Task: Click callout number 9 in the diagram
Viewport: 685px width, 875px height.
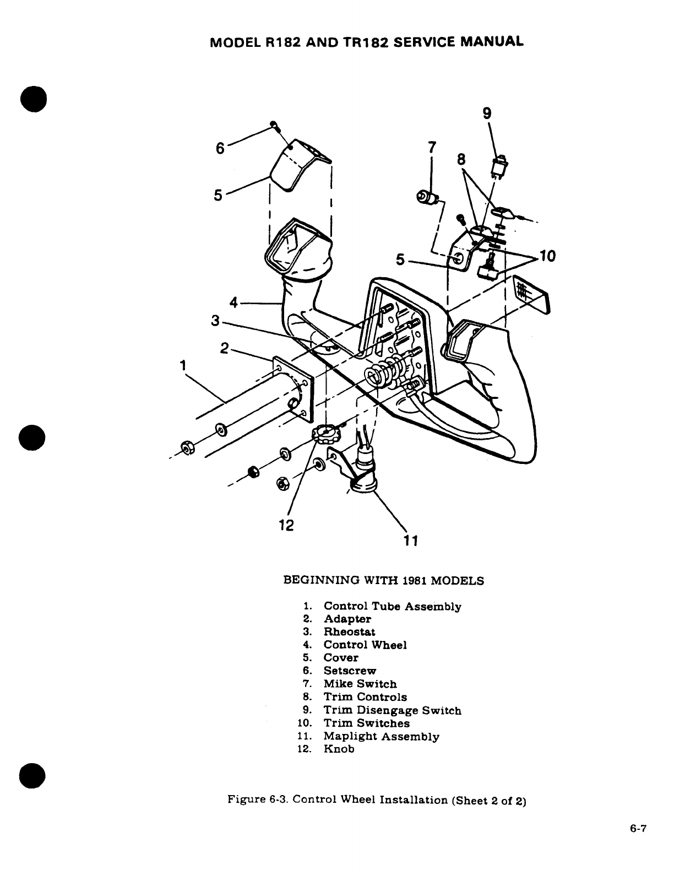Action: (487, 113)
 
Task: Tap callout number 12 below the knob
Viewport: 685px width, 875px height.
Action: (286, 525)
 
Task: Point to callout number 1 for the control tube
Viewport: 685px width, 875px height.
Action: (182, 365)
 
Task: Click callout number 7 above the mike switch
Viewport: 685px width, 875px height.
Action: (432, 147)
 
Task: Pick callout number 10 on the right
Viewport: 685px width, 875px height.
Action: (548, 256)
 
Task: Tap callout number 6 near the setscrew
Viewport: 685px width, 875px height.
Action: (220, 148)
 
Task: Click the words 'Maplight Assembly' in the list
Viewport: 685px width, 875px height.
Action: (381, 736)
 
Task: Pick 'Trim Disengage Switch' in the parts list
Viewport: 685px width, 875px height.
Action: (392, 710)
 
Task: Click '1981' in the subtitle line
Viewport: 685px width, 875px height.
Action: (414, 580)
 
